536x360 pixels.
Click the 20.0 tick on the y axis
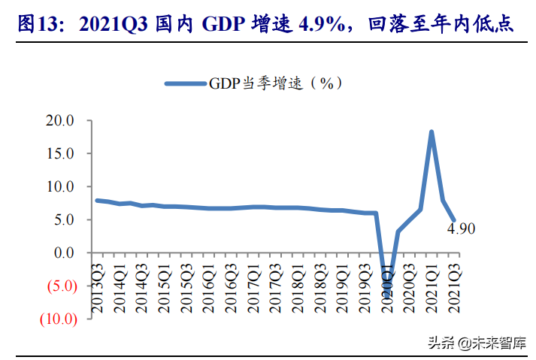click(x=60, y=120)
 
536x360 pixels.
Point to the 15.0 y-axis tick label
click(x=60, y=153)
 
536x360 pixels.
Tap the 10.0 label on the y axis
click(x=60, y=186)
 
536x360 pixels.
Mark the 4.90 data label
click(x=462, y=228)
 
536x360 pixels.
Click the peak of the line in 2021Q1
click(x=432, y=132)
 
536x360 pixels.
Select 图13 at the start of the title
click(x=37, y=25)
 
